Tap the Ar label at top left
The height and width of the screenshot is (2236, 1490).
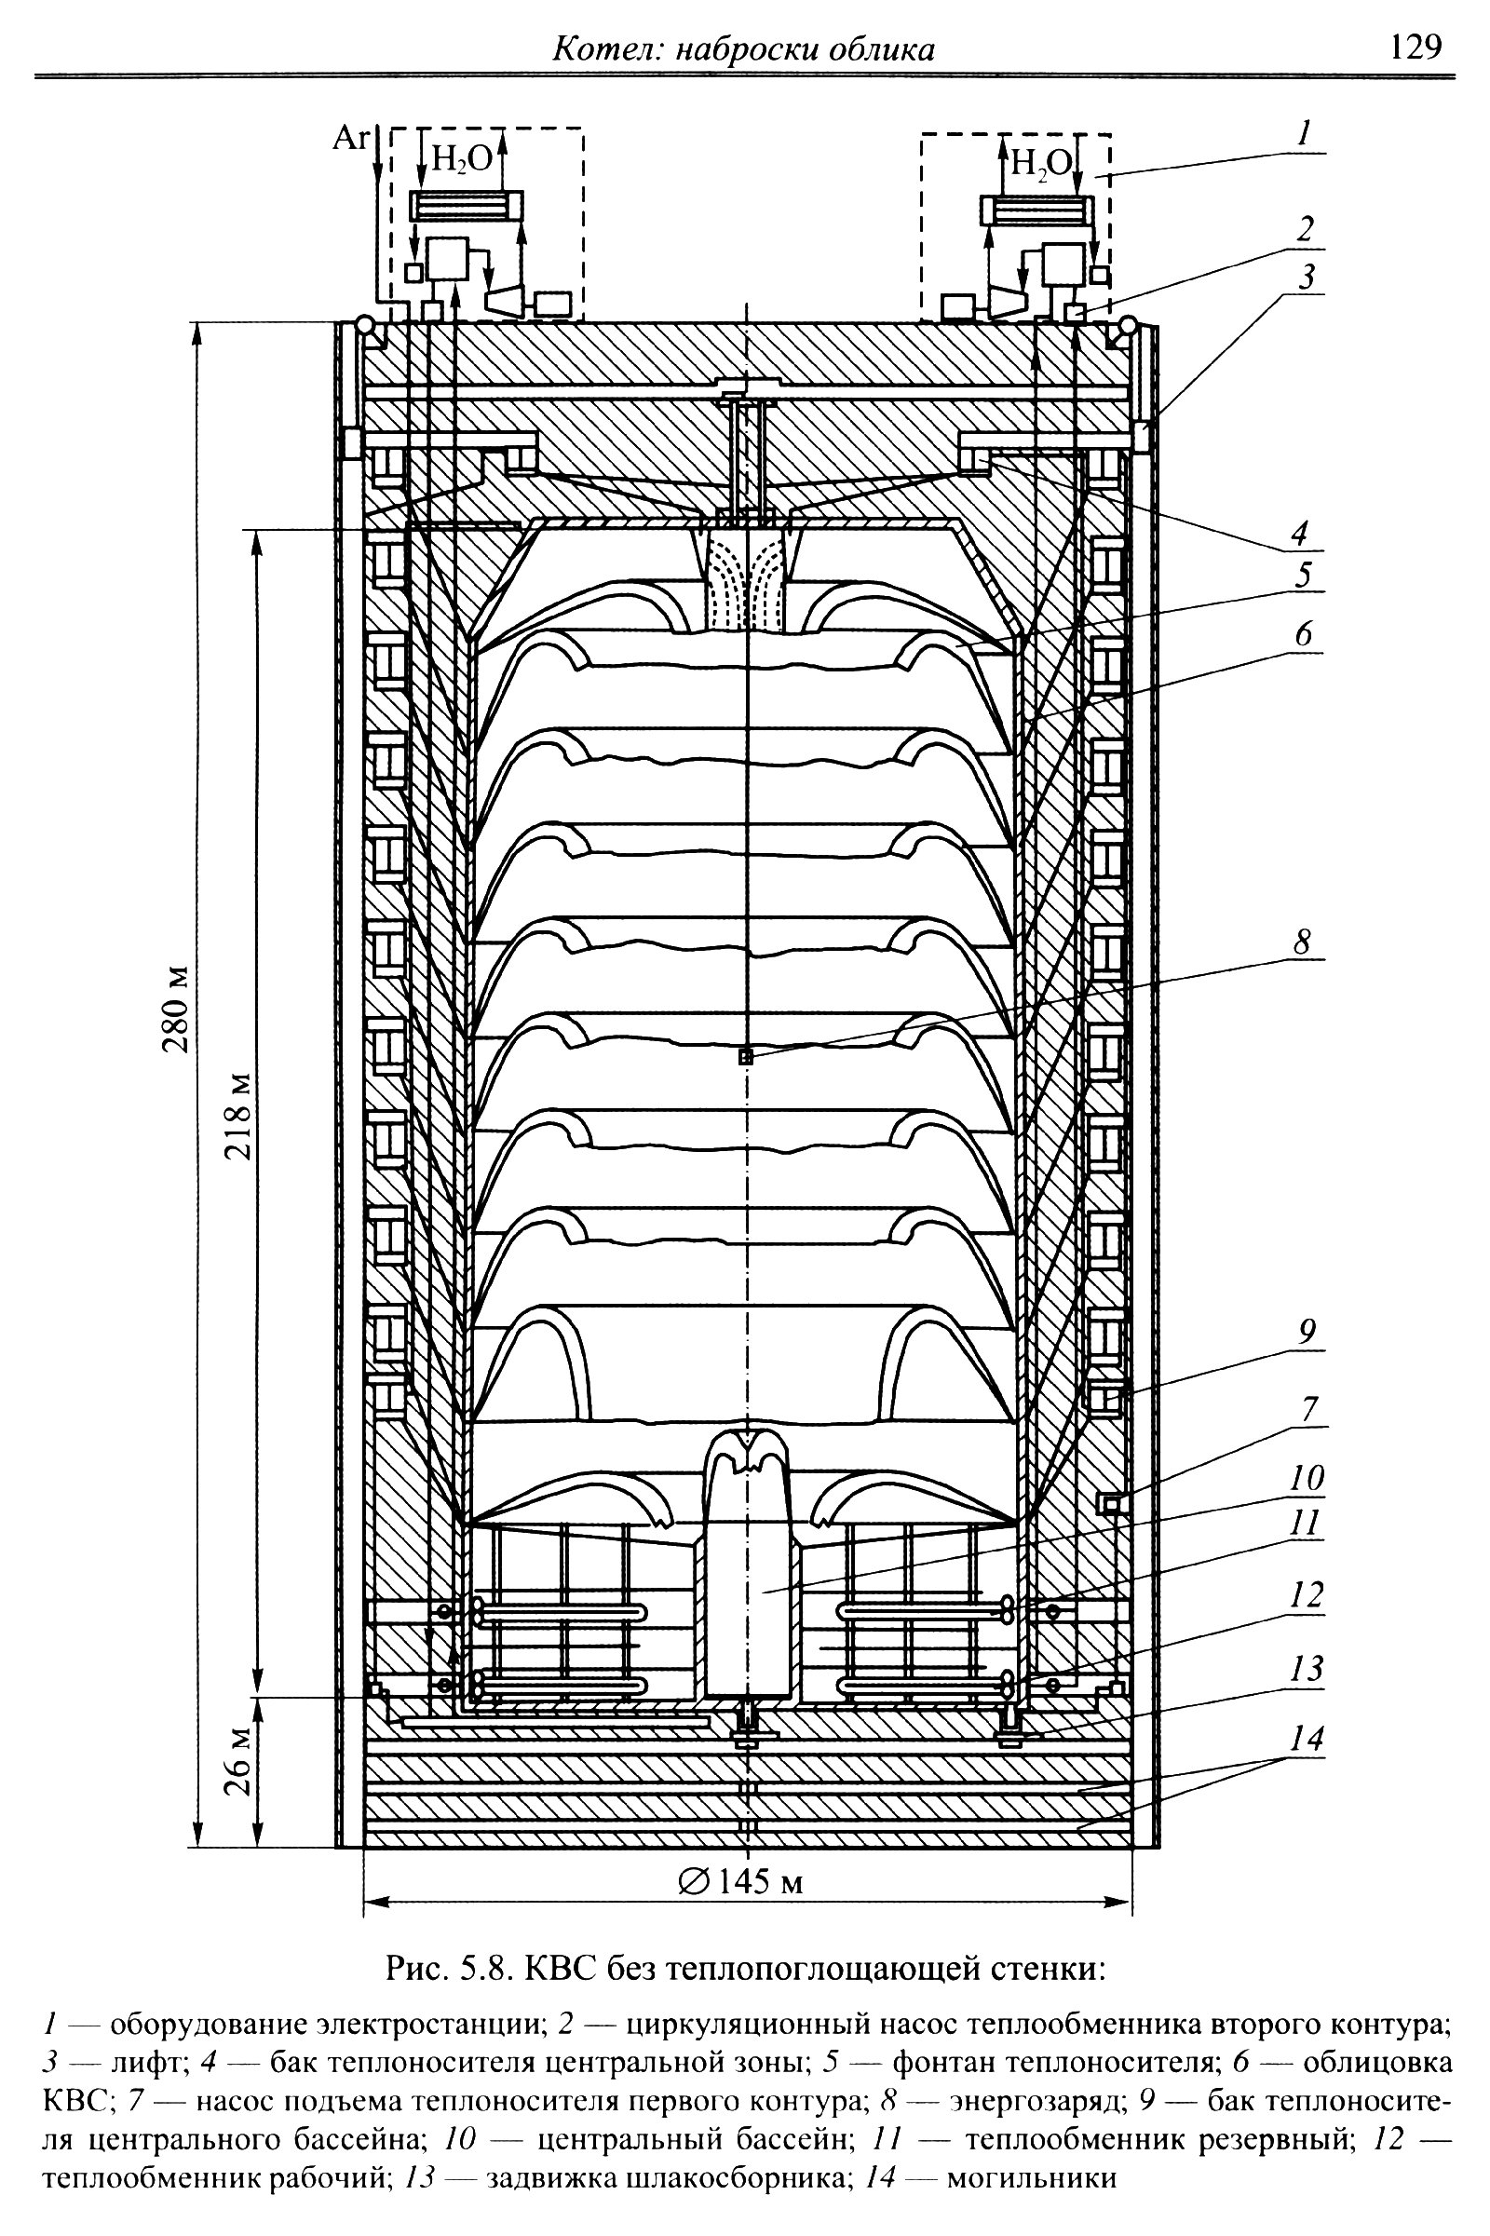pyautogui.click(x=350, y=139)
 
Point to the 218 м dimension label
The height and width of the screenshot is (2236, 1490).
pyautogui.click(x=238, y=1118)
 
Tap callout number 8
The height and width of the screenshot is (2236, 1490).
pyautogui.click(x=1302, y=942)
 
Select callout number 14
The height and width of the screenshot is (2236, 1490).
pyautogui.click(x=1307, y=1739)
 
